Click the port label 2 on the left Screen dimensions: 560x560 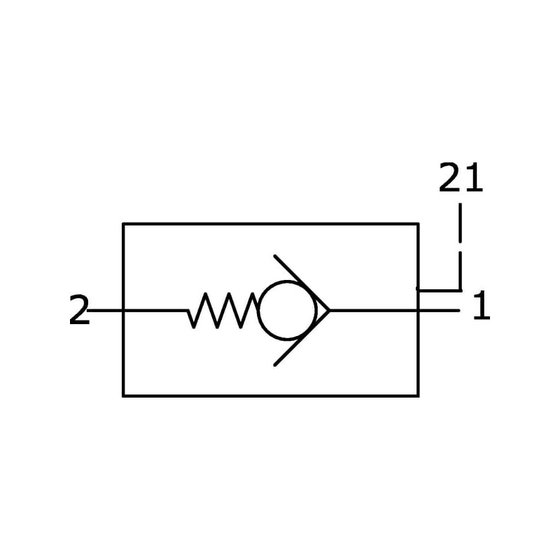pyautogui.click(x=79, y=311)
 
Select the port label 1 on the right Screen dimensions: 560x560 pyautogui.click(x=482, y=307)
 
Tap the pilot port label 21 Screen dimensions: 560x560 pyautogui.click(x=461, y=178)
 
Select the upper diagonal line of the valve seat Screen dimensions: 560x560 pyautogui.click(x=301, y=281)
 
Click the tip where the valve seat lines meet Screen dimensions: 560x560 pyautogui.click(x=328, y=310)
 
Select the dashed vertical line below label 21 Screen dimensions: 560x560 pyautogui.click(x=460, y=231)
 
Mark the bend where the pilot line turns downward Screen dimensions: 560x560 pyautogui.click(x=460, y=289)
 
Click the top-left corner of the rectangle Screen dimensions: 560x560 pyautogui.click(x=123, y=224)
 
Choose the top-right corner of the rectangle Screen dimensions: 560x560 pyautogui.click(x=418, y=224)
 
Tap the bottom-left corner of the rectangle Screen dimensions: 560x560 pyautogui.click(x=123, y=395)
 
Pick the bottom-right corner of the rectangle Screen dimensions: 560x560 pyautogui.click(x=418, y=395)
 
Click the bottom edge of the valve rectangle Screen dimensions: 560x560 pyautogui.click(x=270, y=395)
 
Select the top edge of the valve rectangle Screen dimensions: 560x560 pyautogui.click(x=270, y=224)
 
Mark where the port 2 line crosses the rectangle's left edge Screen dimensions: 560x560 pyautogui.click(x=123, y=310)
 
